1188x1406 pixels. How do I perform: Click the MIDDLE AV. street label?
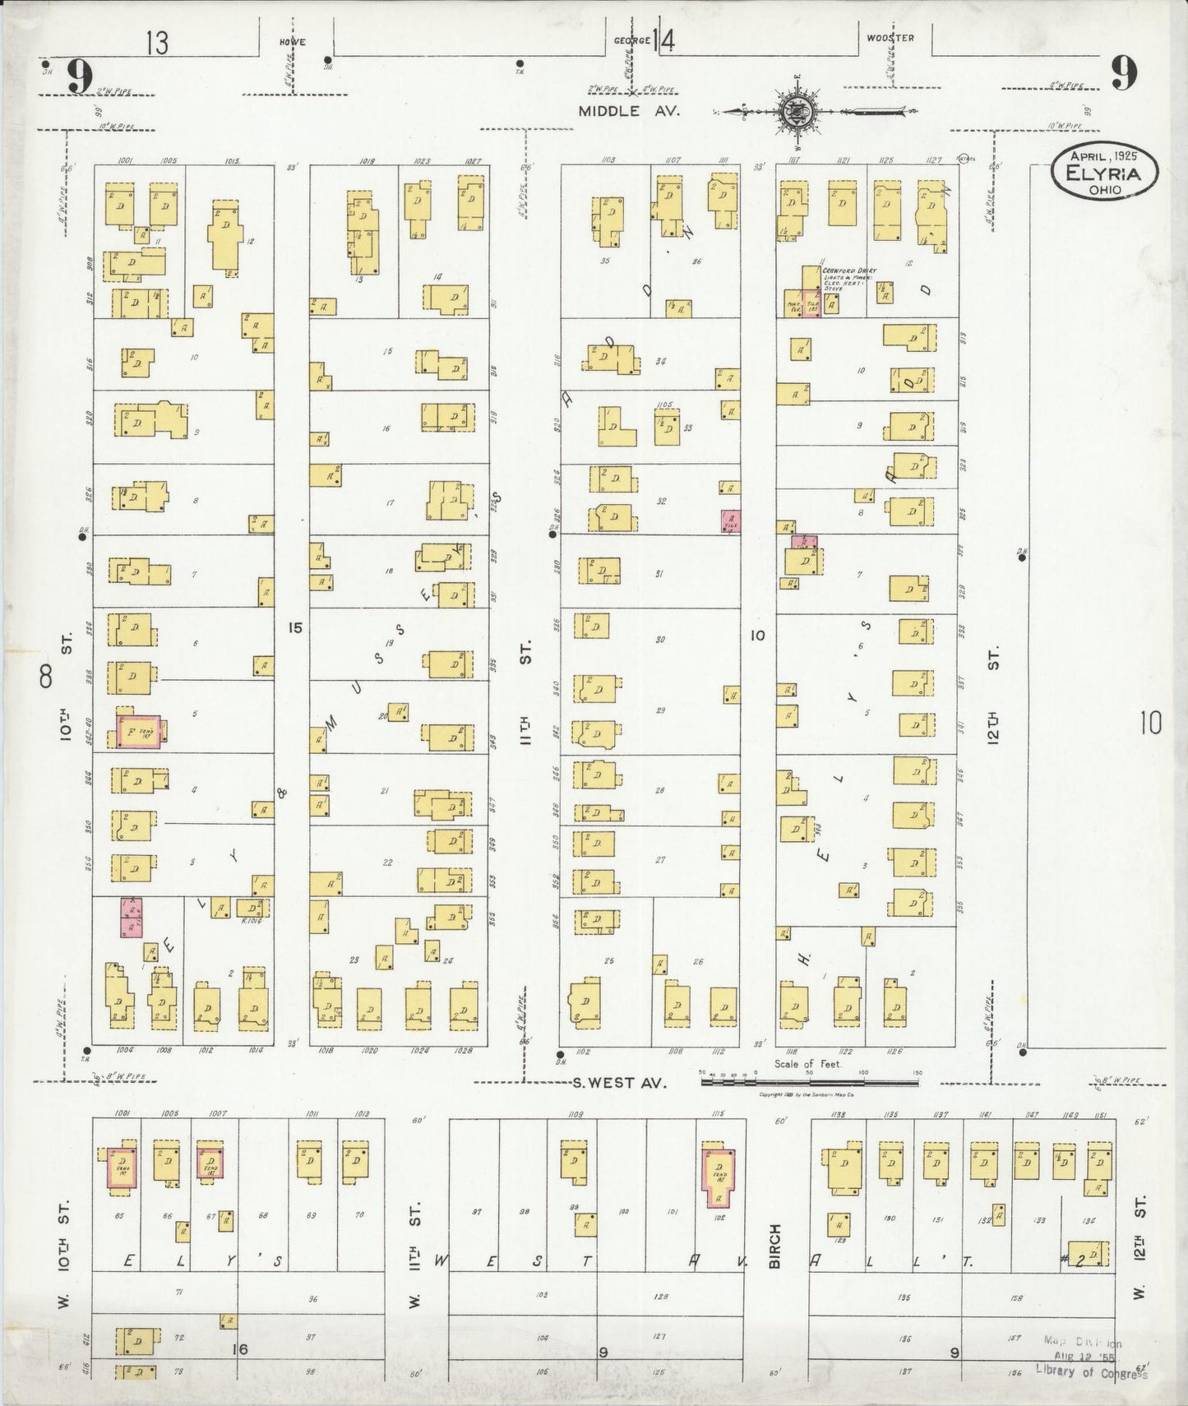click(628, 111)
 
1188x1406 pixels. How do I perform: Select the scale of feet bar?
click(810, 1081)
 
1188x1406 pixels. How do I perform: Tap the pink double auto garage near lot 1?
click(132, 917)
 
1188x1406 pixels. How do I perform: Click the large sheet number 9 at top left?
click(79, 77)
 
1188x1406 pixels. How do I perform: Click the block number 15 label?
click(294, 628)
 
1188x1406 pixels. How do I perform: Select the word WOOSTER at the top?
click(890, 38)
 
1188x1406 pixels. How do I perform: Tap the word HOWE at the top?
click(293, 40)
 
